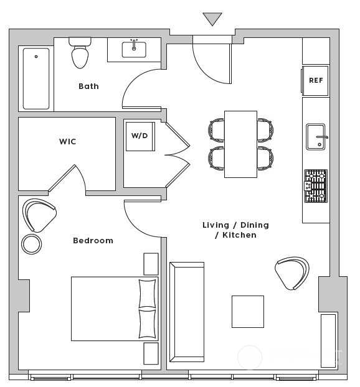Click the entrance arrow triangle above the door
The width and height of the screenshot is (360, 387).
tap(212, 18)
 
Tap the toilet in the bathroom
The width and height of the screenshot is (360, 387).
tap(80, 52)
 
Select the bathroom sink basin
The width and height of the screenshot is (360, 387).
tap(134, 50)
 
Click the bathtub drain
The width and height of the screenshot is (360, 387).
tap(36, 57)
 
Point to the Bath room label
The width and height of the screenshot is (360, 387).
tap(88, 86)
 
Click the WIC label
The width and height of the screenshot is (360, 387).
tap(67, 141)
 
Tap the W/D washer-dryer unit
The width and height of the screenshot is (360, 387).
tap(140, 136)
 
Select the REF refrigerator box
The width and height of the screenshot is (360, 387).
tap(315, 80)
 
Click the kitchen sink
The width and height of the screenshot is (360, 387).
tap(316, 137)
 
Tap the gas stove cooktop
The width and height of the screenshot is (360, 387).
tap(316, 186)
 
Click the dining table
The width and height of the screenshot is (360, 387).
tap(240, 144)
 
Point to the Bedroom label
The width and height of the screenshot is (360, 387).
tap(93, 241)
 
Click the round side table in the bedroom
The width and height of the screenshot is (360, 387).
tap(31, 244)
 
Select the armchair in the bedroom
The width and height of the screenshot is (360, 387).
tap(39, 215)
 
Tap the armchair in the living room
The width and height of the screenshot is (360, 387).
tap(292, 273)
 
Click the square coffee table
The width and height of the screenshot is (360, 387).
tap(248, 312)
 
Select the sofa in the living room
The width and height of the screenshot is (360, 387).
tap(187, 312)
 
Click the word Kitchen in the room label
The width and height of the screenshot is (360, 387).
tap(239, 235)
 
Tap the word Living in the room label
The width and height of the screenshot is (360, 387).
tap(216, 225)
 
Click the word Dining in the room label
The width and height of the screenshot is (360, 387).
tap(255, 225)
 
